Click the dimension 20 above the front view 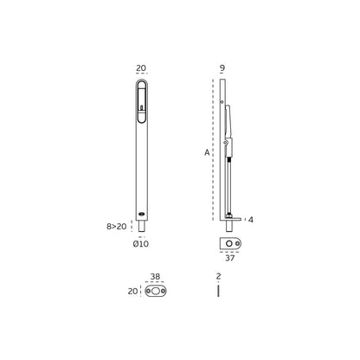click(x=141, y=67)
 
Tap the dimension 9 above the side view click(x=223, y=67)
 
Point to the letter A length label click(x=208, y=152)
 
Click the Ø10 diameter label click(x=141, y=245)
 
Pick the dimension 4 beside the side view click(x=250, y=219)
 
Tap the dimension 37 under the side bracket click(x=229, y=256)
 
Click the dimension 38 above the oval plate click(x=156, y=279)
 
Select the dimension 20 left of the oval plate click(x=132, y=292)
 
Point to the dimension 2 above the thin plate click(x=220, y=279)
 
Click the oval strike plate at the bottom click(x=156, y=292)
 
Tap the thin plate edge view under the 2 click(x=220, y=292)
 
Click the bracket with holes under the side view click(x=229, y=235)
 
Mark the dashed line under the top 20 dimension click(x=141, y=76)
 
